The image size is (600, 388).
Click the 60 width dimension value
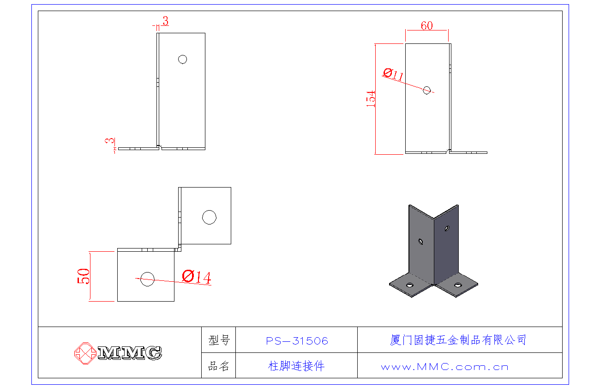[427, 26]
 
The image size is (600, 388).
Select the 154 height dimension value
[371, 99]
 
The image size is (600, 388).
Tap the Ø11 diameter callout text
[393, 74]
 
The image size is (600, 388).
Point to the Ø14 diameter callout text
[197, 277]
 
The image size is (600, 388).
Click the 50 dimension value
[84, 276]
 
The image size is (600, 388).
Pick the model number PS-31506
[297, 341]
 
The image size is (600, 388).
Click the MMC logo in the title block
[119, 353]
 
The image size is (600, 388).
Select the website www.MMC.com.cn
[444, 367]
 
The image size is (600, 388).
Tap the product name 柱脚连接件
[296, 366]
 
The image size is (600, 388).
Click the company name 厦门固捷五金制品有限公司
[458, 340]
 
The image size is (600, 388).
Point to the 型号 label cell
[219, 341]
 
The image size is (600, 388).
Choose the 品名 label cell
[219, 367]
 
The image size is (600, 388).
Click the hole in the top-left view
[182, 59]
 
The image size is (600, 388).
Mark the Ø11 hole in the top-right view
[427, 90]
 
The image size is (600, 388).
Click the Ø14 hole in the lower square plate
[148, 279]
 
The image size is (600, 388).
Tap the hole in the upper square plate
[209, 217]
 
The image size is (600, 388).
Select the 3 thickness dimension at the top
[165, 21]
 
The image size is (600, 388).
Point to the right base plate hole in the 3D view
[457, 285]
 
